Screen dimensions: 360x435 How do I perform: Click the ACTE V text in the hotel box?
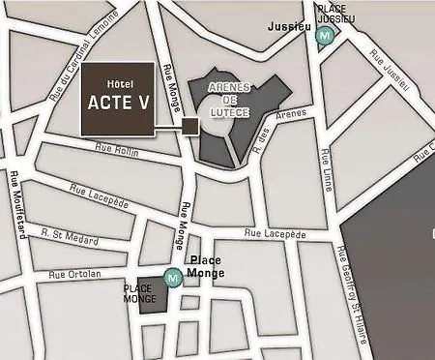pos(115,104)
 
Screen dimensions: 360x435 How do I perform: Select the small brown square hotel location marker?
pos(189,126)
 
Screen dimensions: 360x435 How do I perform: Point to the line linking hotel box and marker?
pos(167,126)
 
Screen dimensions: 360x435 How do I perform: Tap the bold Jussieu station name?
pos(289,27)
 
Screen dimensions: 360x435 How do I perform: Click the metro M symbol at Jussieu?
pos(327,34)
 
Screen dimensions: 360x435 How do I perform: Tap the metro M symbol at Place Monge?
pos(173,279)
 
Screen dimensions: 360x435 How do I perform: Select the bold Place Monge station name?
pos(206,266)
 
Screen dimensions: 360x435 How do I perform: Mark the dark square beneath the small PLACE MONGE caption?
pos(149,304)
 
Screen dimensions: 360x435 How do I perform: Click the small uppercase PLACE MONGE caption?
pos(139,293)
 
